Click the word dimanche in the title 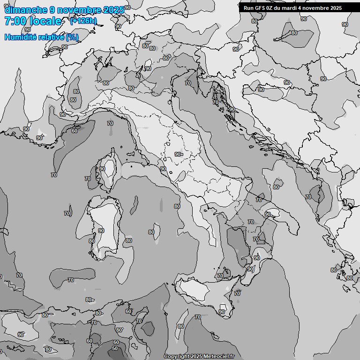click(26, 10)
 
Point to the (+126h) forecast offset click(83, 21)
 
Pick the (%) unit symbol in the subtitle click(72, 37)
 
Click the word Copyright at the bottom click(176, 357)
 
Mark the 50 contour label click(115, 349)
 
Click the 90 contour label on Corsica click(102, 169)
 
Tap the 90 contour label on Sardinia click(101, 231)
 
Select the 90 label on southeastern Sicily click(222, 312)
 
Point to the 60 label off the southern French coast click(75, 131)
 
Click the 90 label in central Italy click(178, 154)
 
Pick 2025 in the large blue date click(114, 10)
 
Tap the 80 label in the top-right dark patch click(294, 33)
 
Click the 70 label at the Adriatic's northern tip click(188, 83)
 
